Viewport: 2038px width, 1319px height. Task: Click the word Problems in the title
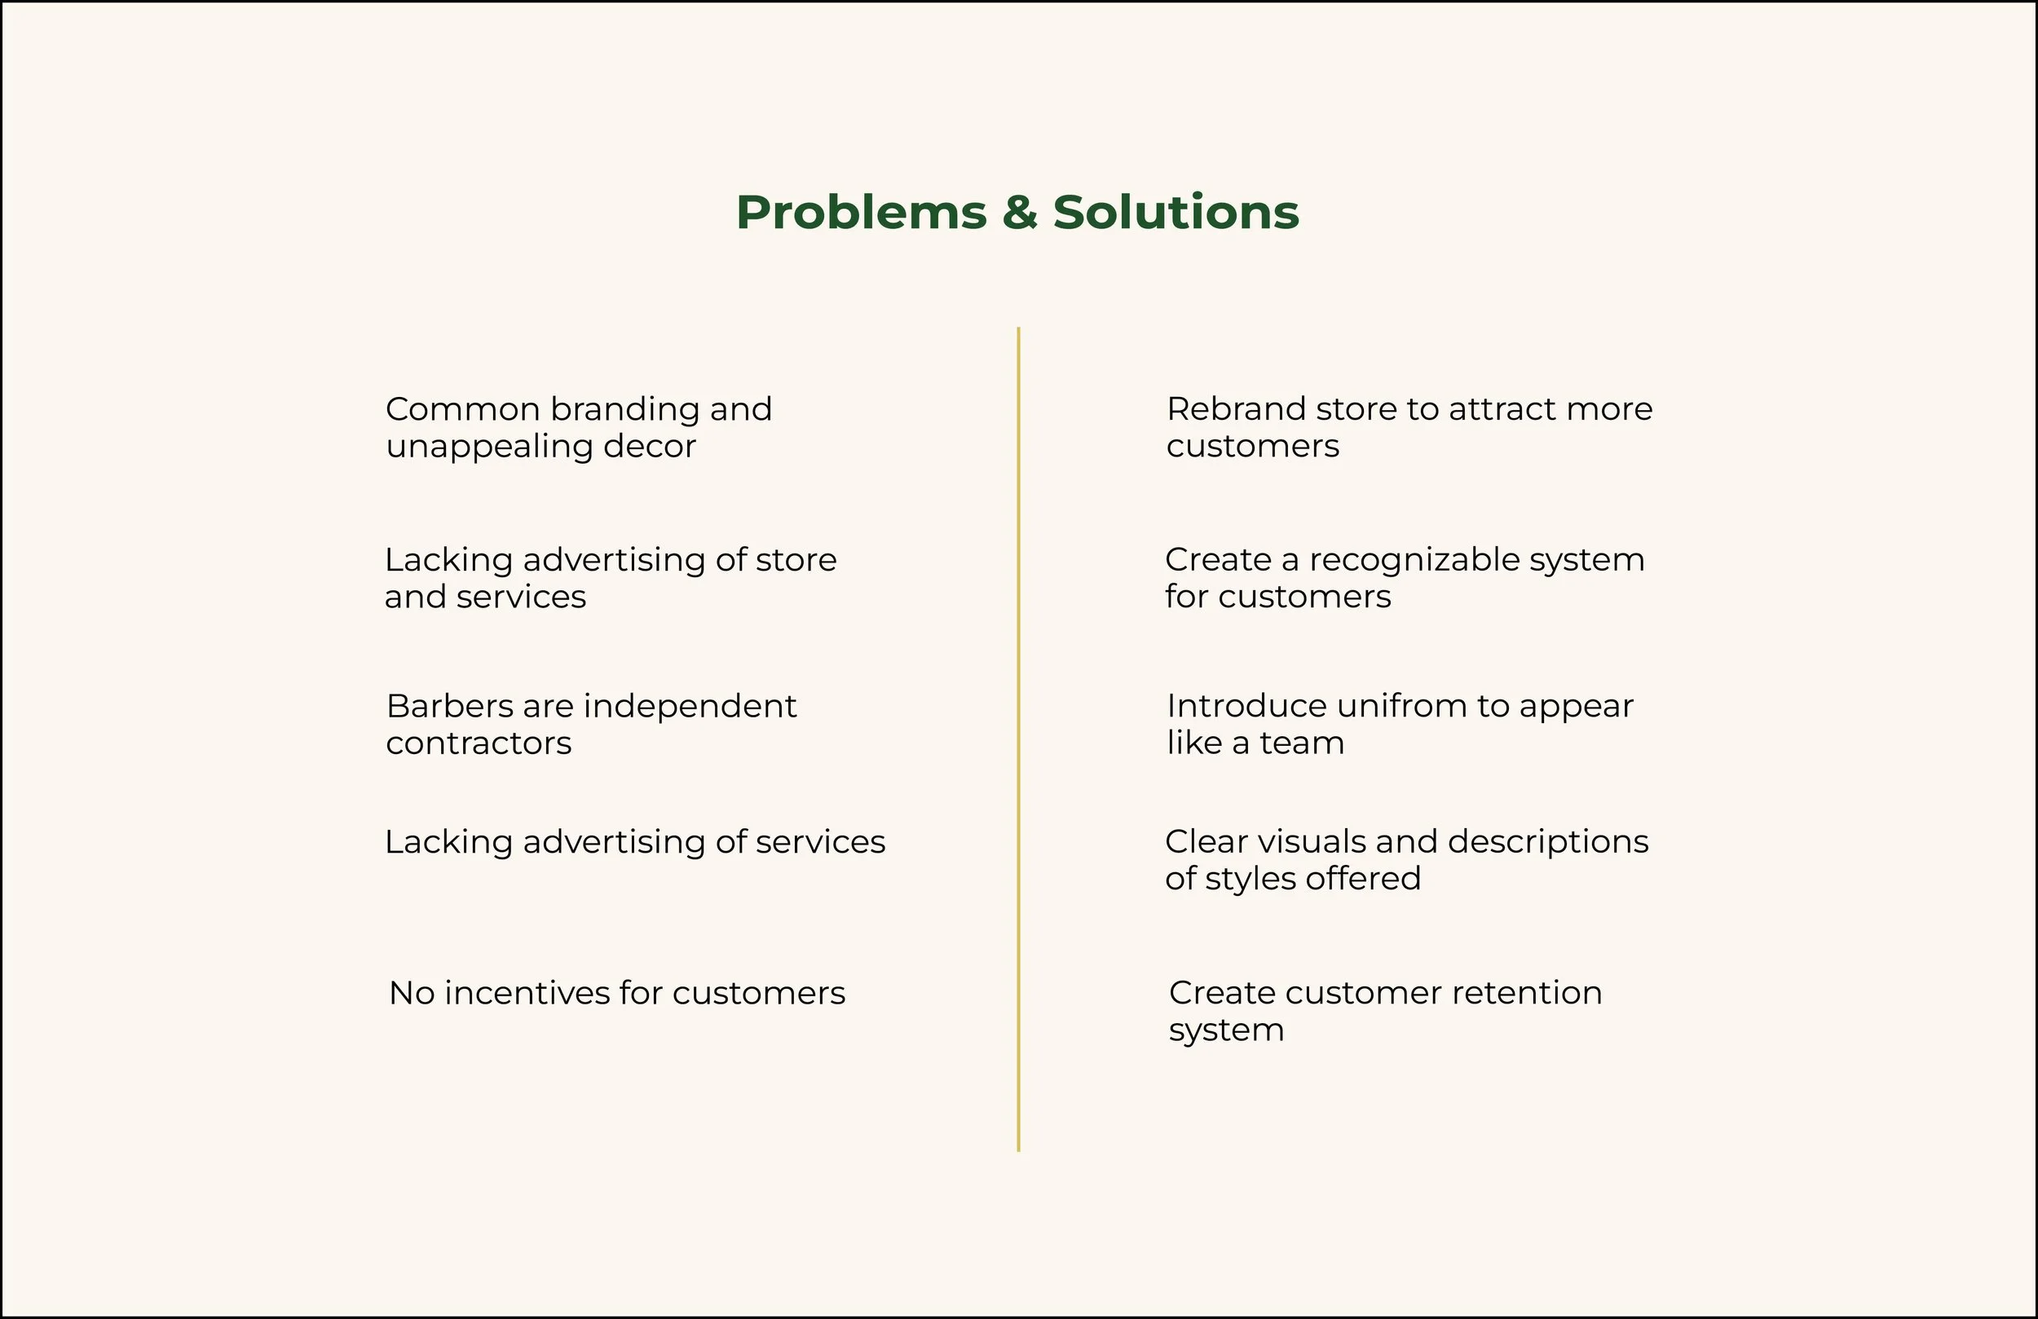[x=861, y=213]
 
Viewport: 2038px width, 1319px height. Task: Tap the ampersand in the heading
[x=1019, y=213]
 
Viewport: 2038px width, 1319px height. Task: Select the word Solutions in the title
[x=1176, y=213]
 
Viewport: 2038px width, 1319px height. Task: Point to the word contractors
[x=479, y=743]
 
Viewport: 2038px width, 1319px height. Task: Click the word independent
[x=690, y=707]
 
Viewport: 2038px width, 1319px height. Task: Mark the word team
[x=1302, y=743]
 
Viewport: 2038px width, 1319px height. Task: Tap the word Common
[x=462, y=409]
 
